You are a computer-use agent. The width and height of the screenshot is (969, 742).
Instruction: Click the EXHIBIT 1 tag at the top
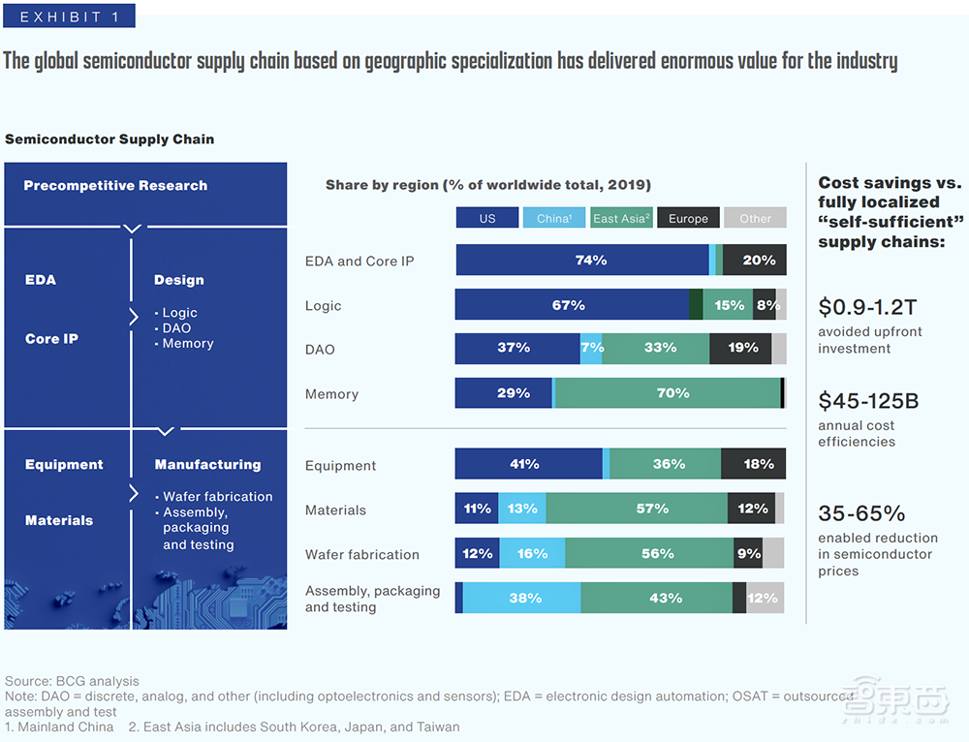pyautogui.click(x=68, y=16)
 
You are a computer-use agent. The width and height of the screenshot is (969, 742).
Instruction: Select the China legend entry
pyautogui.click(x=553, y=218)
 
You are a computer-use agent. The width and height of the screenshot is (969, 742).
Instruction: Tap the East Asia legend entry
pyautogui.click(x=621, y=218)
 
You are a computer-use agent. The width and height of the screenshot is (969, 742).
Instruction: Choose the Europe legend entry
pyautogui.click(x=688, y=218)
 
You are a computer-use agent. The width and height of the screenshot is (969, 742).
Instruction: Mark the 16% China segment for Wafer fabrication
pyautogui.click(x=532, y=553)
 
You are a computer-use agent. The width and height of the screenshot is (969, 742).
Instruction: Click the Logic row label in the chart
pyautogui.click(x=323, y=305)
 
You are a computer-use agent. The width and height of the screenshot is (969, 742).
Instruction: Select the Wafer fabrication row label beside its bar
pyautogui.click(x=361, y=554)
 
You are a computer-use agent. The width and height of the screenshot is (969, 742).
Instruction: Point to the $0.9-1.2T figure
pyautogui.click(x=867, y=307)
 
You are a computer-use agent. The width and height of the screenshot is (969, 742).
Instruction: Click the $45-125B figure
pyautogui.click(x=869, y=400)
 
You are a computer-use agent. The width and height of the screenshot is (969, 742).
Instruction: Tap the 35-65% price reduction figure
pyautogui.click(x=861, y=512)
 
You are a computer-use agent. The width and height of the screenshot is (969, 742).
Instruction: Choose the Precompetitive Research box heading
pyautogui.click(x=115, y=185)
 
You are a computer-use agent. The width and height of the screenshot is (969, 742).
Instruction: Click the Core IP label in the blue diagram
pyautogui.click(x=51, y=339)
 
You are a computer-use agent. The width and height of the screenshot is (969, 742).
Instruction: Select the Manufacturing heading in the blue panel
pyautogui.click(x=207, y=464)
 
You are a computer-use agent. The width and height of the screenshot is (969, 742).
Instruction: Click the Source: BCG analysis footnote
pyautogui.click(x=72, y=681)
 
